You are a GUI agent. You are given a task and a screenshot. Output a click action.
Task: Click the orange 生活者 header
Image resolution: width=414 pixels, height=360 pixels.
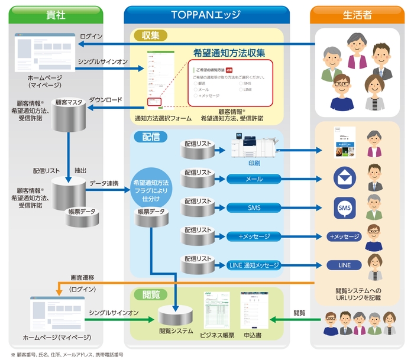tap(358, 14)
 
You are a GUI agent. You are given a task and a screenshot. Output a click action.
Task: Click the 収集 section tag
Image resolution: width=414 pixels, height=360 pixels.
tap(150, 35)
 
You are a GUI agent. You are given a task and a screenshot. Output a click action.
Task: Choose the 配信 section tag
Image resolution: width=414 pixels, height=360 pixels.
tap(150, 137)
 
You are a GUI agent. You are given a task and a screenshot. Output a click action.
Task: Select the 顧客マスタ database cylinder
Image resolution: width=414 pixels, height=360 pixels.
tap(69, 113)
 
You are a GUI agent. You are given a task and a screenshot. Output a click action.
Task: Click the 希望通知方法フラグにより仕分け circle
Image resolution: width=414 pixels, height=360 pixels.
tap(151, 189)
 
